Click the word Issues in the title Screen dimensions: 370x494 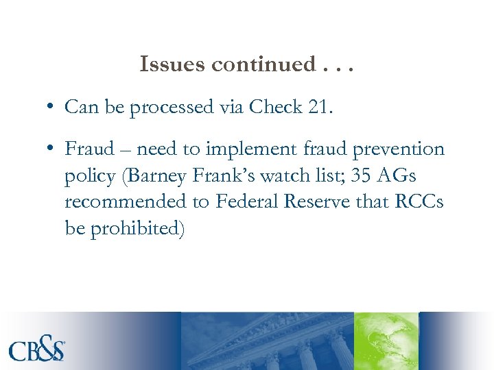[172, 64]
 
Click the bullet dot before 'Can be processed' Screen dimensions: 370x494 [51, 108]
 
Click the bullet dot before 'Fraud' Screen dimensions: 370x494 [51, 149]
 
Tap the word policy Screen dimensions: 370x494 [89, 175]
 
